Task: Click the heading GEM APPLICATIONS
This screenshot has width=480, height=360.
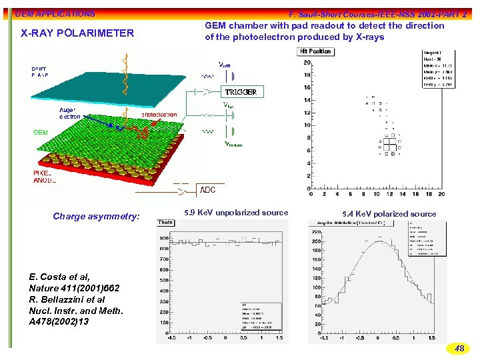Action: point(55,13)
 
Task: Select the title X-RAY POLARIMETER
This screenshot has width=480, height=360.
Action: point(77,33)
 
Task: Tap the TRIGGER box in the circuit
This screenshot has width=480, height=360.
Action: point(240,91)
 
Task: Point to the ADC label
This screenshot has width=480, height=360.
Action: point(208,190)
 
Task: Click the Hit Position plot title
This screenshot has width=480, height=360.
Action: point(315,51)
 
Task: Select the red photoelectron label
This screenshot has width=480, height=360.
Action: point(159,115)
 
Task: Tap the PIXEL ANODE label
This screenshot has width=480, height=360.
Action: point(45,176)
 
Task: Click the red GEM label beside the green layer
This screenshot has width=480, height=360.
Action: point(41,132)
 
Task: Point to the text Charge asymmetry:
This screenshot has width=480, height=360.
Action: point(97,216)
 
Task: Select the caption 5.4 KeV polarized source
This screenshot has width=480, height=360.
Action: point(389,214)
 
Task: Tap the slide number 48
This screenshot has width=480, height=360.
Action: point(459,348)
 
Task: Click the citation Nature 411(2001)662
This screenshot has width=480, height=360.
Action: point(74,288)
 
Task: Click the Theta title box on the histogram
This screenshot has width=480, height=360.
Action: point(165,222)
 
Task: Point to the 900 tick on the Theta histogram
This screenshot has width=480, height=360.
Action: point(164,238)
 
